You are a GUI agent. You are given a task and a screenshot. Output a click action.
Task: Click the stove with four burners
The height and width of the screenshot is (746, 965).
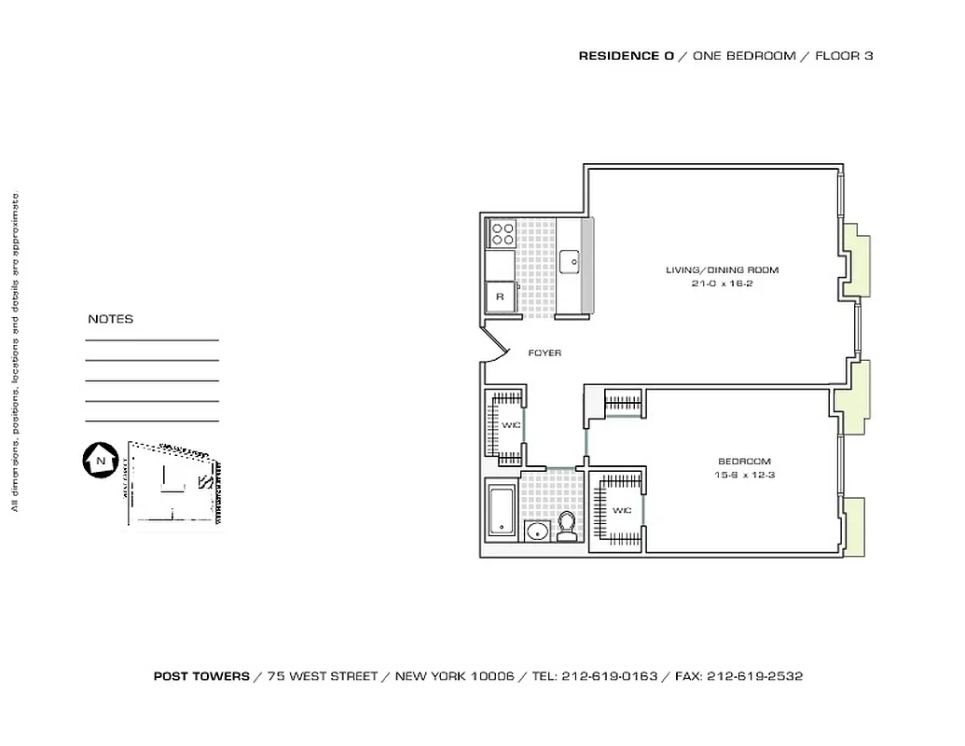tap(503, 231)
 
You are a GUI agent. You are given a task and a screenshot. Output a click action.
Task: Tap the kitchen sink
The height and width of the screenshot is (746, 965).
tap(570, 263)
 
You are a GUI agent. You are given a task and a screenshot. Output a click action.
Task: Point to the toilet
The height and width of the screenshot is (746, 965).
tap(565, 529)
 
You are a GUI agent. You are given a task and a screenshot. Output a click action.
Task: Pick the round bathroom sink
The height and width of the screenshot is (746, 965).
tap(536, 532)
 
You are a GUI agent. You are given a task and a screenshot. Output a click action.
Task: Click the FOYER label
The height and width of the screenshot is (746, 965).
tap(545, 353)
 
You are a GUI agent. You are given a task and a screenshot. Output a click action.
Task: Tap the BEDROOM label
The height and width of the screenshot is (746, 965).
tap(744, 462)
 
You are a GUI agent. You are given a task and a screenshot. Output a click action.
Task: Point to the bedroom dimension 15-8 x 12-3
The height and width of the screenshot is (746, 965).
tap(744, 475)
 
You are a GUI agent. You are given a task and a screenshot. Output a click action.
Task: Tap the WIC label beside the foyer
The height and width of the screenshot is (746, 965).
tap(510, 425)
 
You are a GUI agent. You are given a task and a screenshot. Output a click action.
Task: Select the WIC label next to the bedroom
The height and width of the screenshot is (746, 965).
tap(621, 510)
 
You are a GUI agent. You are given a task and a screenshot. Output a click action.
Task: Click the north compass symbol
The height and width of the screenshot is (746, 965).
tap(98, 461)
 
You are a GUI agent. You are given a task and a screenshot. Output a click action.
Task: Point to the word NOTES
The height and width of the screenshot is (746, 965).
tap(110, 319)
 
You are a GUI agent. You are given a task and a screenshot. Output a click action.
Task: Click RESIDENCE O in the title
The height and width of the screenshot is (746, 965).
tap(626, 56)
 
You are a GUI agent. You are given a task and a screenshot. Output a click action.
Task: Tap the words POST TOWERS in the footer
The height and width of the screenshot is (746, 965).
tap(201, 676)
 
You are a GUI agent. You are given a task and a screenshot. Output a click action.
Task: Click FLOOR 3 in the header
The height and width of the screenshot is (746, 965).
tap(844, 56)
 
